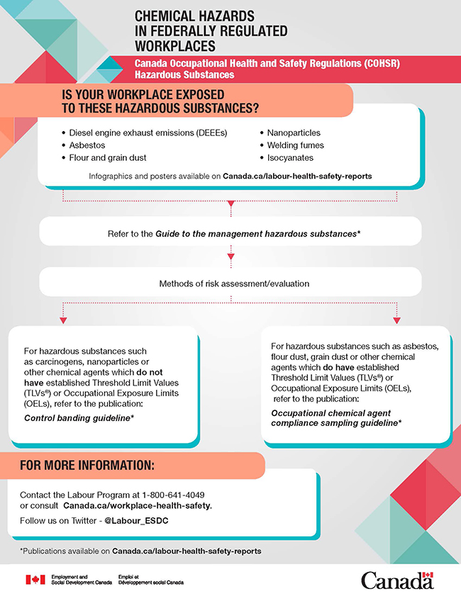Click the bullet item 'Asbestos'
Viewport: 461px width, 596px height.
[x=87, y=145]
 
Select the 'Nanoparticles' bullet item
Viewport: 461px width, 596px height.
[x=294, y=133]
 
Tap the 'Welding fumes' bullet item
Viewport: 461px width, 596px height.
[x=295, y=145]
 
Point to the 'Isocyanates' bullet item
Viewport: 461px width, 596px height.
[x=290, y=158]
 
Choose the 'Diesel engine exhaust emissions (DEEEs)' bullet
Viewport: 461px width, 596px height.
[x=148, y=133]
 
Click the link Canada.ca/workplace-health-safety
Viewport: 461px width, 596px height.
[x=137, y=505]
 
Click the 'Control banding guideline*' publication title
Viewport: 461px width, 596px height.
[x=79, y=418]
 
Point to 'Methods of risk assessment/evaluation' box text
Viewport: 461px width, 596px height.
[x=230, y=285]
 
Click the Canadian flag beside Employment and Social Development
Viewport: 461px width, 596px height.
[x=35, y=580]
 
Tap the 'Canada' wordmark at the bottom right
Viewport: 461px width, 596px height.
[x=396, y=580]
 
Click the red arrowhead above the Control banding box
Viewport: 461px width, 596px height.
[x=63, y=320]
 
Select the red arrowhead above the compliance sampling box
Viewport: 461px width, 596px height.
[x=396, y=320]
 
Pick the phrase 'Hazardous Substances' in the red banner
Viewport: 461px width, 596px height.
[x=184, y=74]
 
